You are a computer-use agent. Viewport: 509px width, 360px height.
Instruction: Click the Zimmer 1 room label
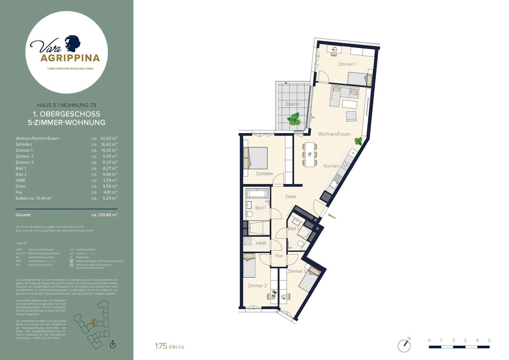[347, 64]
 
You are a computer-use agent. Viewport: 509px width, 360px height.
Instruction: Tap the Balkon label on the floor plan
[292, 104]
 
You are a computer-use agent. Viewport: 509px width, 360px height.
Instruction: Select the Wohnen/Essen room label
[334, 134]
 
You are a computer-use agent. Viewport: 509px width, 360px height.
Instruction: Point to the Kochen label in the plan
[331, 166]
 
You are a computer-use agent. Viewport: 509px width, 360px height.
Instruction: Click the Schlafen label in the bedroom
[265, 174]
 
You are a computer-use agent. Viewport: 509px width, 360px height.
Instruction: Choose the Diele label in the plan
[291, 197]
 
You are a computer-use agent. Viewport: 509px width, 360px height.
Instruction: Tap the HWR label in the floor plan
[261, 243]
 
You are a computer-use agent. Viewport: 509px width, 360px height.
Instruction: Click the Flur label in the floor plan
[279, 256]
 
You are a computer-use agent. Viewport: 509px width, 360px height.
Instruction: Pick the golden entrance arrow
[332, 217]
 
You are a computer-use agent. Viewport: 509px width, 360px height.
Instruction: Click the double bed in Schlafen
[256, 158]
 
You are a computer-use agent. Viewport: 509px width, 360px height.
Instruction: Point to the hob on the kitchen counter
[345, 164]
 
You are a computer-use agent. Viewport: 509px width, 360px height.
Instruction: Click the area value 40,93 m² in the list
[109, 138]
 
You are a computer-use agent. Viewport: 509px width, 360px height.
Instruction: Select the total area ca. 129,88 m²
[104, 215]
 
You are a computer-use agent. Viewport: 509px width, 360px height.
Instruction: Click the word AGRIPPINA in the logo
[70, 58]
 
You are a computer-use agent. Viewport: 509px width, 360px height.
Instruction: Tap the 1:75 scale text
[161, 346]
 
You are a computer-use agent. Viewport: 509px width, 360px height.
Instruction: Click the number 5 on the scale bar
[489, 340]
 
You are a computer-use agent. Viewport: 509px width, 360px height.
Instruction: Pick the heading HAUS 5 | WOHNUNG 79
[67, 105]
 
